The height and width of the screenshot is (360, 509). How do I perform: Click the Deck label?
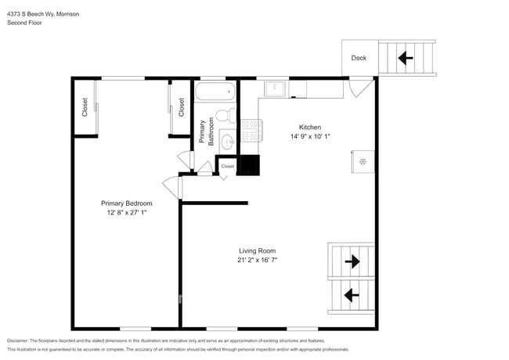click(x=359, y=58)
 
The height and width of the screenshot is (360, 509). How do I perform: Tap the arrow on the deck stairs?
click(x=406, y=57)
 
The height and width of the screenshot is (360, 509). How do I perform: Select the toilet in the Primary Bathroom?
click(x=223, y=117)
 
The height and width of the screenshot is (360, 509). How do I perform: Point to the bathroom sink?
click(x=227, y=142)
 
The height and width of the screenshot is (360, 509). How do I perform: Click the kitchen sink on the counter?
click(x=275, y=88)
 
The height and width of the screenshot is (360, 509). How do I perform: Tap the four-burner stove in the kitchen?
click(x=251, y=130)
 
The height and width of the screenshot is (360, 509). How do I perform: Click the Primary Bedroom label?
click(x=126, y=203)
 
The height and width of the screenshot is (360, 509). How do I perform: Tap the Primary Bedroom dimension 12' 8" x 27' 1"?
click(x=126, y=212)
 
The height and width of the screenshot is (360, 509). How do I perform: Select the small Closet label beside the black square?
click(x=227, y=166)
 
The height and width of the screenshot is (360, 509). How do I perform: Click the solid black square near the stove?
click(x=248, y=165)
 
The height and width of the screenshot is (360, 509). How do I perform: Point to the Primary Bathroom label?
click(x=206, y=131)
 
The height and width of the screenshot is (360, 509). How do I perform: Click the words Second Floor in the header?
click(x=24, y=23)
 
